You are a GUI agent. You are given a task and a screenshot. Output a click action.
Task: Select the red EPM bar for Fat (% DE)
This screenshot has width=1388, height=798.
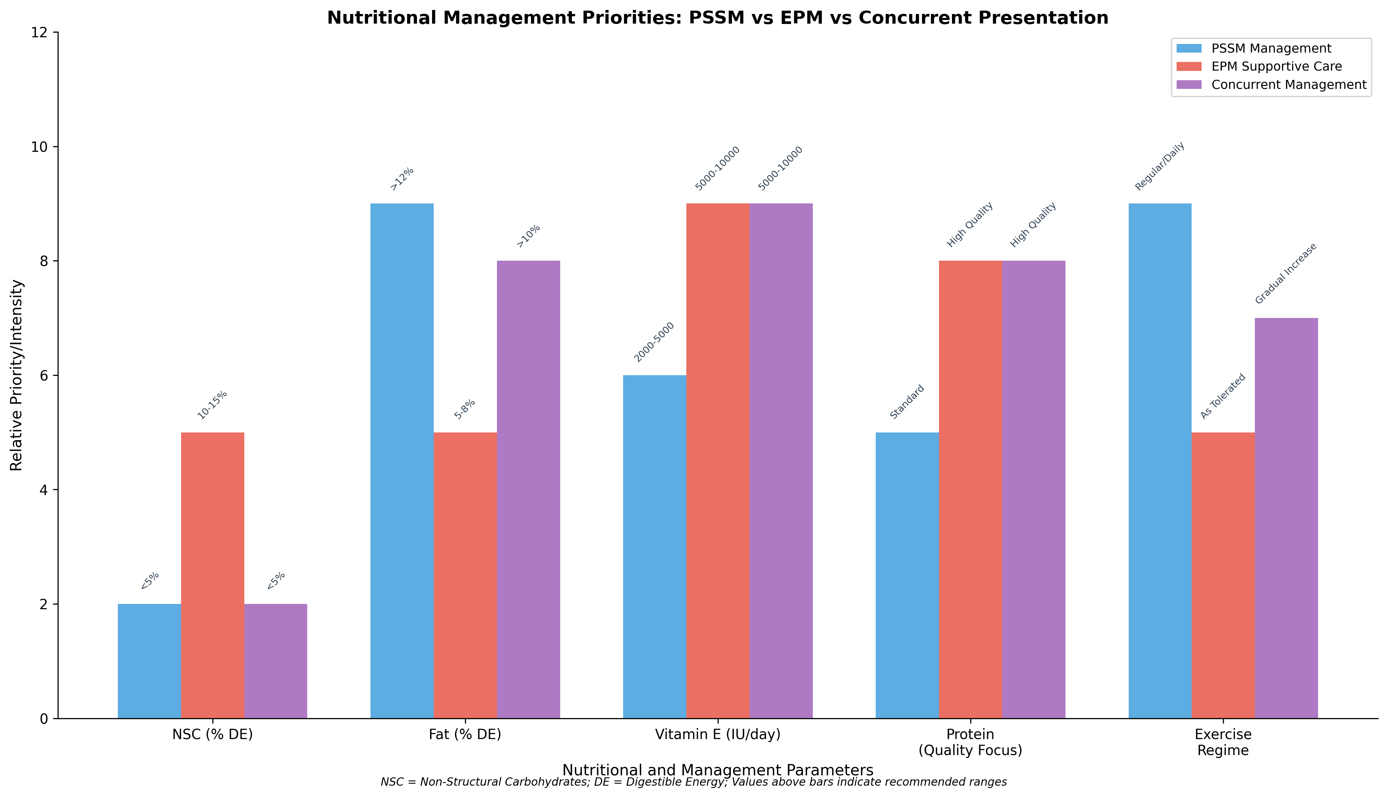[x=465, y=576]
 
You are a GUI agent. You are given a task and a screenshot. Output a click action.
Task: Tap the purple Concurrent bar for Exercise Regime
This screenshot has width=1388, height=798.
[x=1286, y=518]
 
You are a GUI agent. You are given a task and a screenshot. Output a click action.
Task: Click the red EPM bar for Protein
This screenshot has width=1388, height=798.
[x=971, y=489]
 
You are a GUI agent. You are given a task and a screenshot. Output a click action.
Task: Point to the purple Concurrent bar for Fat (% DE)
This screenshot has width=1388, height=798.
[x=528, y=489]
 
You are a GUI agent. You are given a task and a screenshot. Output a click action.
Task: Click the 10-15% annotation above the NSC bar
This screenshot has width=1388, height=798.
[x=211, y=405]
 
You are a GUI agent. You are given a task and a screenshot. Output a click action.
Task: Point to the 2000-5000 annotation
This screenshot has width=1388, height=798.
[x=654, y=342]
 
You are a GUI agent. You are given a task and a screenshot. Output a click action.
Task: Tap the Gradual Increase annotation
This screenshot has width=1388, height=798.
[x=1285, y=273]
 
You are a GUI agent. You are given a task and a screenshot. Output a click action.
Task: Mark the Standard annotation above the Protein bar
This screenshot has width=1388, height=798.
[x=907, y=402]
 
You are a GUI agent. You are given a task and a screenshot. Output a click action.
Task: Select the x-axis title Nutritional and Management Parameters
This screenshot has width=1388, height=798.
[x=718, y=770]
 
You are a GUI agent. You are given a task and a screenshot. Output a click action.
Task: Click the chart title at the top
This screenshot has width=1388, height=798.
[x=718, y=18]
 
